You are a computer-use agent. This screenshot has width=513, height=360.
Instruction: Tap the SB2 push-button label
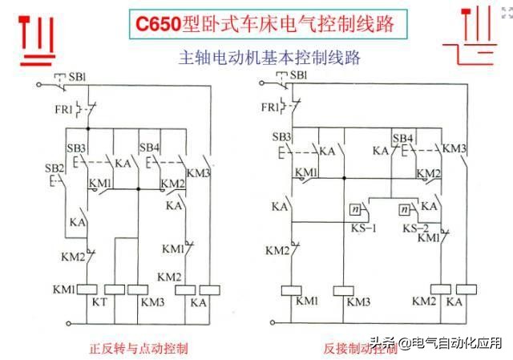coord(53,168)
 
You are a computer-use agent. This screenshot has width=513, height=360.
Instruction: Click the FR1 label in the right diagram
coord(272,106)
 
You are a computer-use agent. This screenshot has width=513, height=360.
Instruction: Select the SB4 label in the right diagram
coord(402,138)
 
